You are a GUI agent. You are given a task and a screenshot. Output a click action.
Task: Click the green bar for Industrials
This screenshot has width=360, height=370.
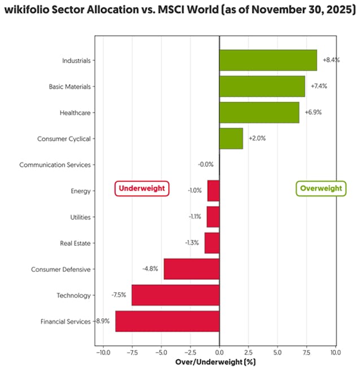(268, 60)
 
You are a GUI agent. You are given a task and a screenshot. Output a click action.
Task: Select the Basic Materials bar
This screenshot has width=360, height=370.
(262, 86)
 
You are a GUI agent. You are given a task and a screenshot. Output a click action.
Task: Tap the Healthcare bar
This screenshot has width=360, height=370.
(259, 113)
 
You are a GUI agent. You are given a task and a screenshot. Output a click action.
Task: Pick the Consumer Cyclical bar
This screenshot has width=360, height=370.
(231, 139)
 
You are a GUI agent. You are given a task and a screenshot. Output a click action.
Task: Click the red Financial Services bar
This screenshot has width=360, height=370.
(167, 321)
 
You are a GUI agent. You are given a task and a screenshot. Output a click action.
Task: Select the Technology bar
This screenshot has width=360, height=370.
(175, 295)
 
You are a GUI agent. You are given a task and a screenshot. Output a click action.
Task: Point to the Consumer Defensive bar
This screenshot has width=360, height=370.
(191, 269)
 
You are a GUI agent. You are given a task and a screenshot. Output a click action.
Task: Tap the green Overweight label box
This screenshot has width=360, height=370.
(321, 188)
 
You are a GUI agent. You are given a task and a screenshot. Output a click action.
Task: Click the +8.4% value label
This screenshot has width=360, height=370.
(331, 60)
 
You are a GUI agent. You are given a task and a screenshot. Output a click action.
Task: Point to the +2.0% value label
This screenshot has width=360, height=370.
(257, 139)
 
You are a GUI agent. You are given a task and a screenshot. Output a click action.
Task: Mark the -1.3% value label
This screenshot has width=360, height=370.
(192, 243)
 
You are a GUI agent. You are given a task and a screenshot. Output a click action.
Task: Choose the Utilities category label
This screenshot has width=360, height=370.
(80, 217)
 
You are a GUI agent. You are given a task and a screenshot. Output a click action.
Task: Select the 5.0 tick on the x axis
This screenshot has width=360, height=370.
(278, 353)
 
